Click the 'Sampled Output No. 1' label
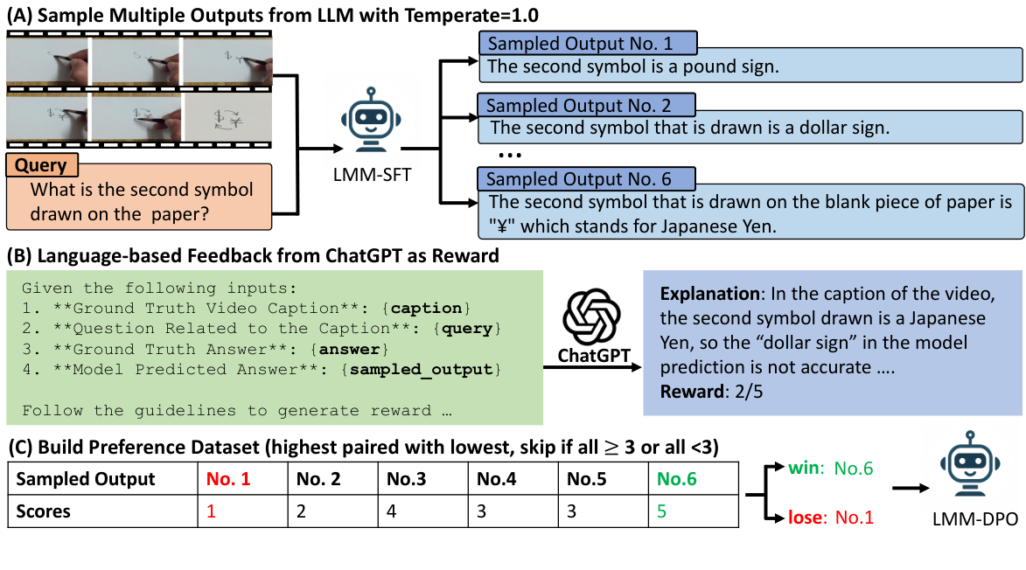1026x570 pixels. [x=587, y=43]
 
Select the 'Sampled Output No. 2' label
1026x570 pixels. [x=585, y=106]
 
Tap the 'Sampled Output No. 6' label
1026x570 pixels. [x=585, y=179]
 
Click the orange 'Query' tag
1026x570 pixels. [x=41, y=165]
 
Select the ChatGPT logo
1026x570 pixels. [x=590, y=318]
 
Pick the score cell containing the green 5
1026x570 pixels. [x=661, y=511]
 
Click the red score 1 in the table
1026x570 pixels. [x=210, y=511]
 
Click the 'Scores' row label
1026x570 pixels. [x=45, y=511]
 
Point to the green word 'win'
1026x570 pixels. [x=803, y=469]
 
